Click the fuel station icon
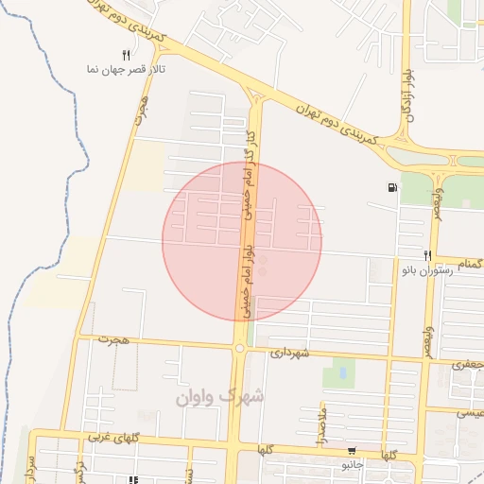pos(392,187)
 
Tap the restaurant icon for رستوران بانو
pos(427,255)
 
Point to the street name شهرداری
pos(290,353)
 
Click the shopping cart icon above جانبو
pos(352,452)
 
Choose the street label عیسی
pos(470,412)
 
